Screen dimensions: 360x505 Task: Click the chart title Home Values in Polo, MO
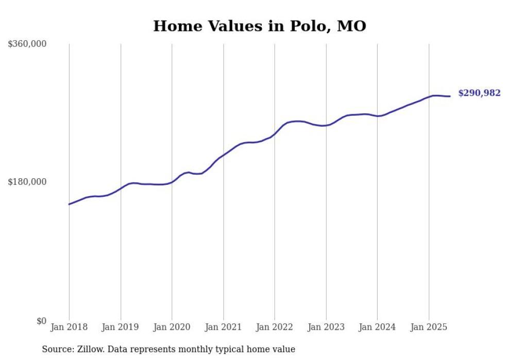coord(259,26)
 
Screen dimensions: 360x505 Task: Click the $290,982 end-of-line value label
coord(479,93)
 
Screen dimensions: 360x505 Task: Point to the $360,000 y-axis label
coord(27,44)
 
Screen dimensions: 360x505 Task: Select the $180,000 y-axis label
coord(27,182)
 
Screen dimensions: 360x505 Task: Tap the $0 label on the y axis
coord(41,321)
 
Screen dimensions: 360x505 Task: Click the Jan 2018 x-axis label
coord(69,327)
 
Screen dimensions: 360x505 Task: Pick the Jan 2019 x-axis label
coord(121,327)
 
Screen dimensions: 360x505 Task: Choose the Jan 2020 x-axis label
coord(172,327)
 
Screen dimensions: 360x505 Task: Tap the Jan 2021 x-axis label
coord(223,327)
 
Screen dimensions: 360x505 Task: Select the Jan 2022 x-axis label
coord(275,327)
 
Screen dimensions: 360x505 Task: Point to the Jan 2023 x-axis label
coord(326,327)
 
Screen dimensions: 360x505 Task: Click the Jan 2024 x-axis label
coord(377,327)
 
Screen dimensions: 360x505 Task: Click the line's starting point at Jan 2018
coord(69,204)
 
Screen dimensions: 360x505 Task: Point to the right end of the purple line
coord(450,96)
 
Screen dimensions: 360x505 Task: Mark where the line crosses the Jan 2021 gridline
coord(223,153)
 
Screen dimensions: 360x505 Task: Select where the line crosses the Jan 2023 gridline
coord(326,125)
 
